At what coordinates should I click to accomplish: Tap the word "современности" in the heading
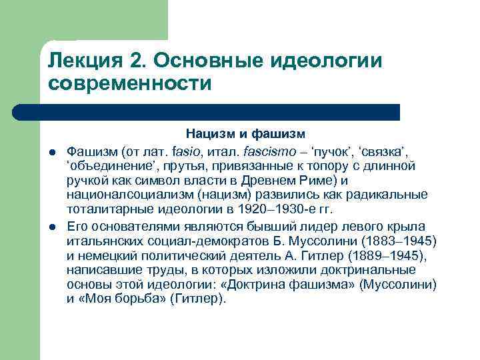[129, 85]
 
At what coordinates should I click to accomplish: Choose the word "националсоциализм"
[121, 194]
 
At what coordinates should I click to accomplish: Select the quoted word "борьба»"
[141, 299]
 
